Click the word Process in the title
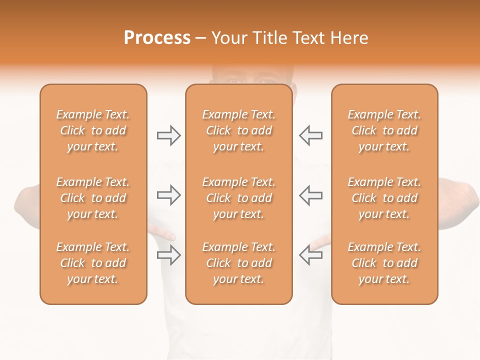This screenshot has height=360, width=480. pos(157,38)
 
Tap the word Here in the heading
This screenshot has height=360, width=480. pos(349,38)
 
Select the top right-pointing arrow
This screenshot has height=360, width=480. pos(168,135)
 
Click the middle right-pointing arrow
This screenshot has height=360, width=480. pos(168,195)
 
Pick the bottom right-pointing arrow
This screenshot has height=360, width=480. pos(168,255)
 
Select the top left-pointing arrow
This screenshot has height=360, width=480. pos(310,135)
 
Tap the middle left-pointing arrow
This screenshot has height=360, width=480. pos(310,195)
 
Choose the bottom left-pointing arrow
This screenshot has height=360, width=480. pos(310,255)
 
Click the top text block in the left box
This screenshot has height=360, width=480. pos(93,130)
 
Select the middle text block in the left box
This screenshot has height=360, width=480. pos(93,198)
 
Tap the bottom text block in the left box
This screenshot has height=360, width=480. pos(93,263)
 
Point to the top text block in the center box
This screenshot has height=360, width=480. pos(238,130)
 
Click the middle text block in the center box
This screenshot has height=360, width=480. pos(238,198)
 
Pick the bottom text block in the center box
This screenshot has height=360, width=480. pos(238,263)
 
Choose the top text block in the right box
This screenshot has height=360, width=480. pos(384,130)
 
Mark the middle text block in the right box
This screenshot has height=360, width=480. pos(384,198)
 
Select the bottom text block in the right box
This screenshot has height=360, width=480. pos(384,263)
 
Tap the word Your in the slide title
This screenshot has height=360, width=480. pos(228,38)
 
